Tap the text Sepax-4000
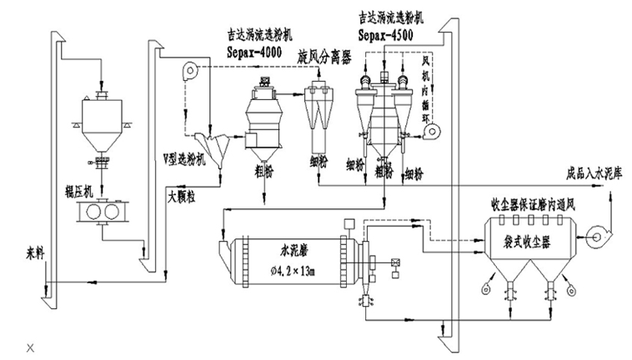click(x=257, y=52)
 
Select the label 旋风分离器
click(x=324, y=55)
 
